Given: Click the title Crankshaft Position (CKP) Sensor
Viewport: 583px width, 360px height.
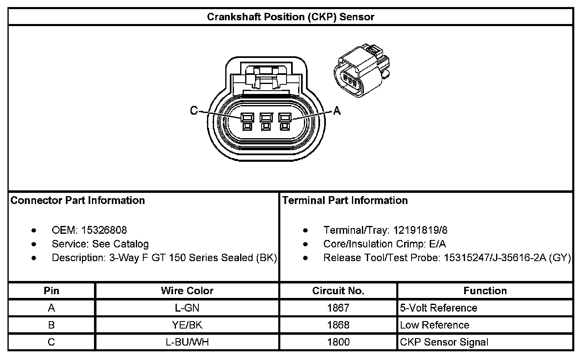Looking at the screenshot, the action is (291, 17).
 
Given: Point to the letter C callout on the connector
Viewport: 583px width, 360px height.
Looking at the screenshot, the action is (194, 110).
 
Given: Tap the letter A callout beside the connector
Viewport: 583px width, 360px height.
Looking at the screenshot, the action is (337, 110).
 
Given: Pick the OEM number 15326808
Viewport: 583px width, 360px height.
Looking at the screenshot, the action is (104, 230).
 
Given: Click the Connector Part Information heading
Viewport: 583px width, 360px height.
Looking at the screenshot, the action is (78, 200).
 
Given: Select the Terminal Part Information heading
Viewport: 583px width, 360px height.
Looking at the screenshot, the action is (345, 200).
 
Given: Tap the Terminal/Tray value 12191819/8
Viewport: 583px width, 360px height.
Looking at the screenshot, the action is (420, 230).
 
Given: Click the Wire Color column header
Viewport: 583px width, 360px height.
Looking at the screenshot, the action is (187, 290).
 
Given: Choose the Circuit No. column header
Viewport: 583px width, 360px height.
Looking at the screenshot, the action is (338, 290).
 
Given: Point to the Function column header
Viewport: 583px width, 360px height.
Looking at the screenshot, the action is (485, 290).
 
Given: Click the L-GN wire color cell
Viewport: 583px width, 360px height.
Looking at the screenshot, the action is (187, 308).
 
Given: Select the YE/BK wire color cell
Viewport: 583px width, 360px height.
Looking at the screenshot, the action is (187, 325).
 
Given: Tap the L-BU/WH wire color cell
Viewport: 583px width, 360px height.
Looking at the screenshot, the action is (187, 342).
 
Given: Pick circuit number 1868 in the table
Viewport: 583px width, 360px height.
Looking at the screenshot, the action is (338, 325).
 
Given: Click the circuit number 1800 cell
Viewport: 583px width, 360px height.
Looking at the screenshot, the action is (338, 342).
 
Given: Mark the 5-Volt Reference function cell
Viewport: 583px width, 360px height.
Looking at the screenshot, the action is (438, 308).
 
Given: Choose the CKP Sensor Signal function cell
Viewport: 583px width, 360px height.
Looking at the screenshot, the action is (444, 342).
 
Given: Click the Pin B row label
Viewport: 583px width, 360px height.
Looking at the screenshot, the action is (51, 325).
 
